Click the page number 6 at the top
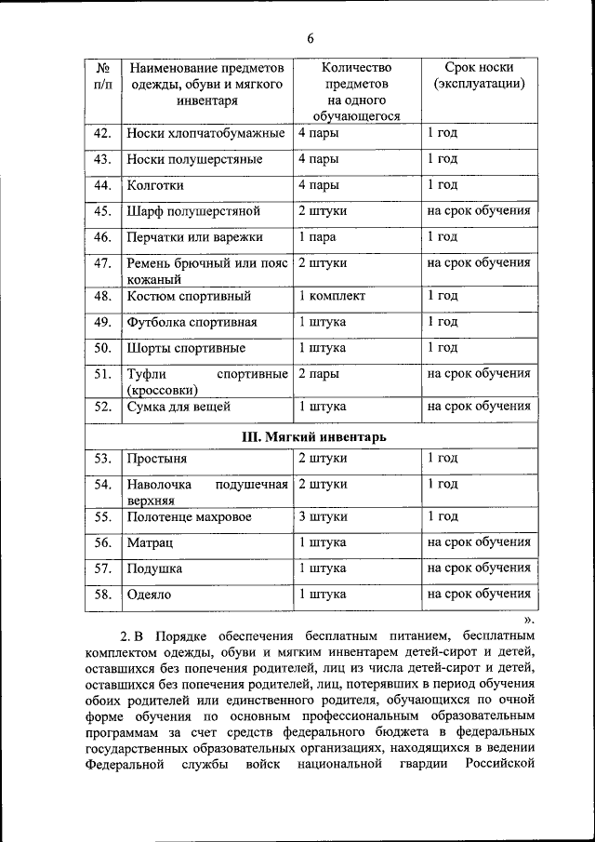(311, 37)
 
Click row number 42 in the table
(103, 133)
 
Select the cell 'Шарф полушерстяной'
(192, 211)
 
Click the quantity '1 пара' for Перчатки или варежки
(317, 237)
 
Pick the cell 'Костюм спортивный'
(189, 297)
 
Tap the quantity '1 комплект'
(332, 297)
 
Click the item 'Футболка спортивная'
(192, 323)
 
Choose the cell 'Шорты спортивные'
(186, 349)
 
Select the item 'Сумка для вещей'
(178, 407)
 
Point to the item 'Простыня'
(157, 459)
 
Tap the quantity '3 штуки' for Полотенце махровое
(323, 516)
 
